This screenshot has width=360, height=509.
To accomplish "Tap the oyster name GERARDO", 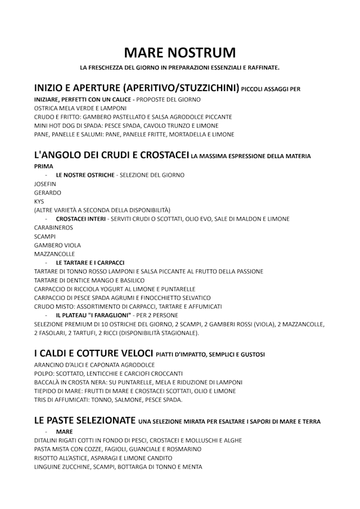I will point(48,192).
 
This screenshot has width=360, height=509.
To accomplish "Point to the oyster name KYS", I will point(39,201).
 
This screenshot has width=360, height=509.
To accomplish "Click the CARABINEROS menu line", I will point(53,228).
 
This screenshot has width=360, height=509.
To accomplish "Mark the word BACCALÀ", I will point(48,382).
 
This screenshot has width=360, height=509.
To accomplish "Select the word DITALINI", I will point(47,440).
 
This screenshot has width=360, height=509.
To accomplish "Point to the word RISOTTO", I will point(47,458).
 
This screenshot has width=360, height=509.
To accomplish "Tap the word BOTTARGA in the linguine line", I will point(143,467).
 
